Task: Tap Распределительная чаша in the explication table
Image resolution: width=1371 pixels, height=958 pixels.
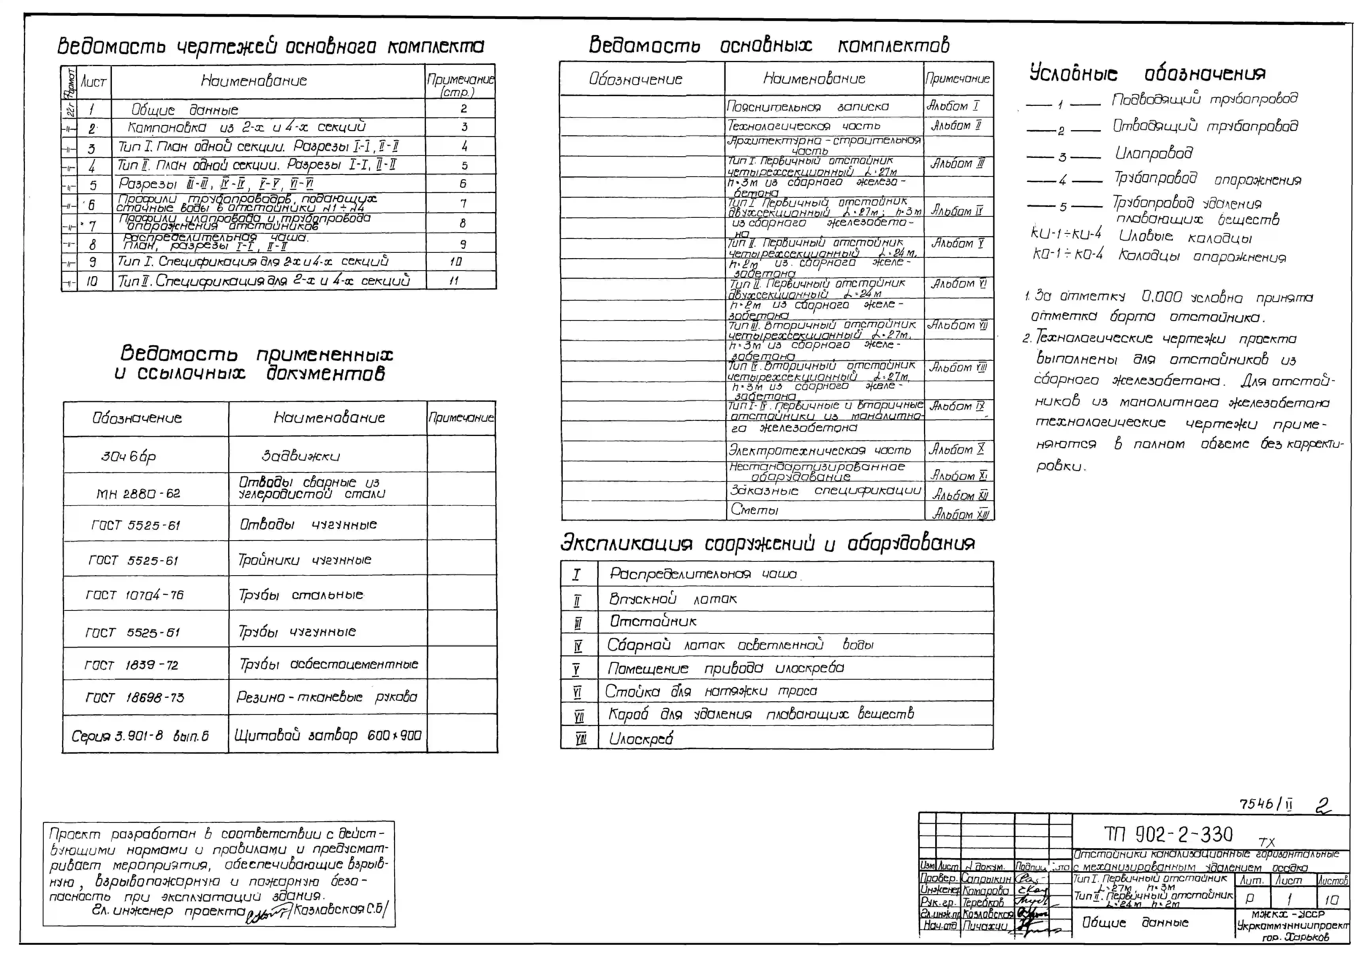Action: [x=703, y=574]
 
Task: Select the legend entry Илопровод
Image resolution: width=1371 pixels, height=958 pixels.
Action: [x=1154, y=154]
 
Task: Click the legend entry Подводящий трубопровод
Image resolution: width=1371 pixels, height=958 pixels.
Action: [x=1204, y=99]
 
